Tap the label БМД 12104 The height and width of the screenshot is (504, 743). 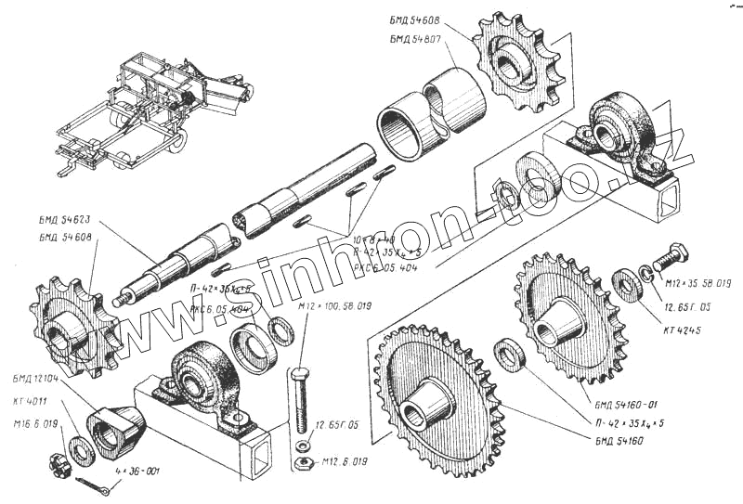(x=36, y=379)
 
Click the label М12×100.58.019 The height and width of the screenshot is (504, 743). (x=334, y=305)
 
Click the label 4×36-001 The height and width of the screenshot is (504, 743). (x=136, y=471)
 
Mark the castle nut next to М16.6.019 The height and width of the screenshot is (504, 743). (x=58, y=463)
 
